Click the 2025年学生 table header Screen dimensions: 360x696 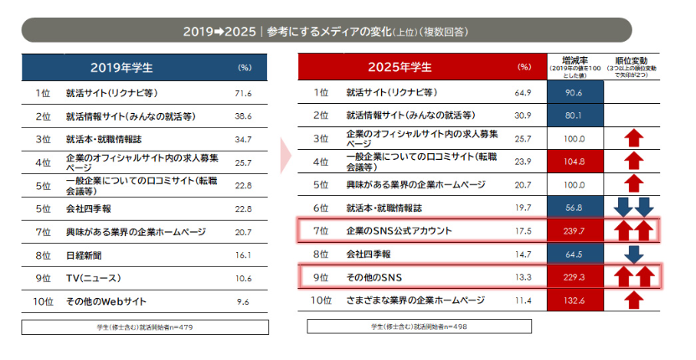400,67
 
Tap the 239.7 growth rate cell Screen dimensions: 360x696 574,230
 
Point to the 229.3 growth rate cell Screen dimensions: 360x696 574,276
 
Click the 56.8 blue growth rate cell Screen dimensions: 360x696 574,208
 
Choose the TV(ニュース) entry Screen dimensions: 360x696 94,277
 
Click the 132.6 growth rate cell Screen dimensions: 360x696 574,300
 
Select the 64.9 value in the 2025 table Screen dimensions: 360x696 523,93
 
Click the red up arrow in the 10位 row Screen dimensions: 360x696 634,300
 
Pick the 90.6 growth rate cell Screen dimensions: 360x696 574,93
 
